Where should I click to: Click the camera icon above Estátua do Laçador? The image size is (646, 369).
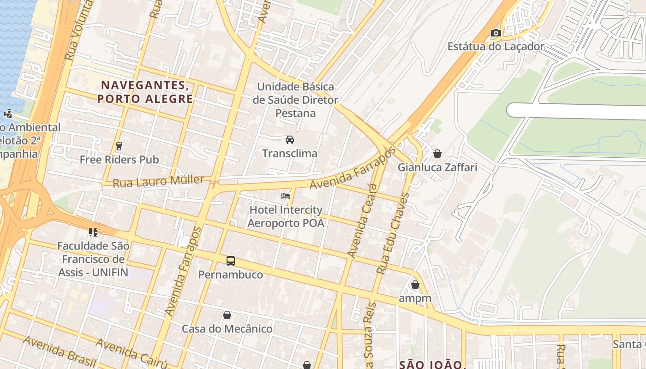coord(496,33)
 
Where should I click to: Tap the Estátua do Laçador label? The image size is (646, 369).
coord(496,47)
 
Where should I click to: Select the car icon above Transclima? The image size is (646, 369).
coord(290,140)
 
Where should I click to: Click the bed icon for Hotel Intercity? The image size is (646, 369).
coord(286,196)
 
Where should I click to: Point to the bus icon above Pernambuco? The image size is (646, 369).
coord(231,261)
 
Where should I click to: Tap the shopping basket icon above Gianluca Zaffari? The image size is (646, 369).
coord(437,154)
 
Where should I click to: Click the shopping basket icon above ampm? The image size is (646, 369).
coord(415,285)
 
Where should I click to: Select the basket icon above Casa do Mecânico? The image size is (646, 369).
coord(227,315)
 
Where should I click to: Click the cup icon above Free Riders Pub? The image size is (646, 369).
coord(119,146)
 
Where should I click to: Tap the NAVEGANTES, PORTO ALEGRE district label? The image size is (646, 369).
coord(145,92)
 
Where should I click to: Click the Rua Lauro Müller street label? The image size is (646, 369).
coord(158,181)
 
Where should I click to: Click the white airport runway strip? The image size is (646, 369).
coord(577,111)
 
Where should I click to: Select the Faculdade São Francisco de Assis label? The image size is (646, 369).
coord(94,259)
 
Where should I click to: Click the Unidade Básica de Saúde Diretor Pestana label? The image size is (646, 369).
coord(295,100)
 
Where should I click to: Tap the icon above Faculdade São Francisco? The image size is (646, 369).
coord(93,232)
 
